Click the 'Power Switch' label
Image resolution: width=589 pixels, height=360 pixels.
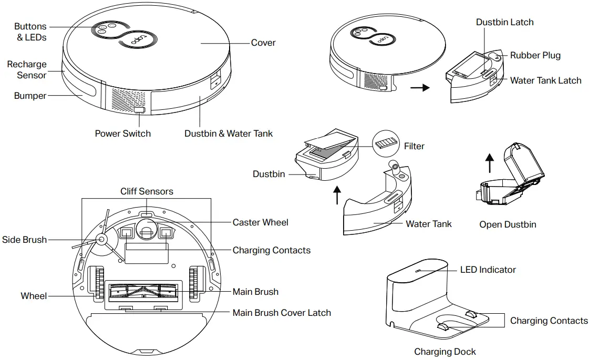click(x=122, y=133)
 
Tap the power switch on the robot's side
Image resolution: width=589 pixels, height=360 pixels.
click(x=139, y=110)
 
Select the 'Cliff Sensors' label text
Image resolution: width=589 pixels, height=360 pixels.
click(x=147, y=191)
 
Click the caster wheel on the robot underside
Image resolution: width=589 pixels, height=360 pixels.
click(x=146, y=229)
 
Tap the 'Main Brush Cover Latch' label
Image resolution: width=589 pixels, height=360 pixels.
click(x=282, y=313)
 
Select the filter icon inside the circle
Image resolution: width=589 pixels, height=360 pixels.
click(x=386, y=143)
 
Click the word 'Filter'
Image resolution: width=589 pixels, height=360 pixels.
click(x=414, y=146)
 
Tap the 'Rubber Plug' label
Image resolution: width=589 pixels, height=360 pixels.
click(x=535, y=55)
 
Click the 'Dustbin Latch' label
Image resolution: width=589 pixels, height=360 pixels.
click(x=504, y=22)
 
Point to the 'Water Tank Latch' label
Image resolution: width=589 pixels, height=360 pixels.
click(x=545, y=80)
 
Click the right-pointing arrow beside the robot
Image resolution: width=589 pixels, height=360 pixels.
click(x=419, y=88)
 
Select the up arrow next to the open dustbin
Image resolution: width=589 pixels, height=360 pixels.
click(x=490, y=162)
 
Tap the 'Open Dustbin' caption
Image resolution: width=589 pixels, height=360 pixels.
click(x=508, y=224)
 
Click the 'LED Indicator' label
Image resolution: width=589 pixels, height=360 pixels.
click(x=488, y=270)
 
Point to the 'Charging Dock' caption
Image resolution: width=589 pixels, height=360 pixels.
click(x=445, y=352)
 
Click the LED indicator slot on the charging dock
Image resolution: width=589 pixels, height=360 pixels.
click(x=418, y=271)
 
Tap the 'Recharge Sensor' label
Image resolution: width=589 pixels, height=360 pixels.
click(x=27, y=70)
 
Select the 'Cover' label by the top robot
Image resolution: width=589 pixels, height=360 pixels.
click(x=263, y=43)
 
